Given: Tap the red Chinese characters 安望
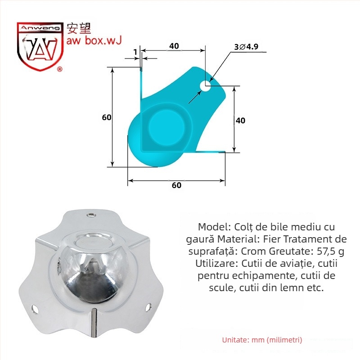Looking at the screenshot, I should pyautogui.click(x=79, y=28).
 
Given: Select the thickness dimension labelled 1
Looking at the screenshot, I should pyautogui.click(x=135, y=52).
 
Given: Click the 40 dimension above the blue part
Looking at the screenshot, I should pyautogui.click(x=174, y=46).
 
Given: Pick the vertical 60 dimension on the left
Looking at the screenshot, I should pyautogui.click(x=107, y=117).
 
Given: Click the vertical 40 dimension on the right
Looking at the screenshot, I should pyautogui.click(x=240, y=121).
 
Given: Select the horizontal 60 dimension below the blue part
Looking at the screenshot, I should pyautogui.click(x=176, y=185).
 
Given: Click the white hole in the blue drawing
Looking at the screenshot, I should pyautogui.click(x=205, y=85).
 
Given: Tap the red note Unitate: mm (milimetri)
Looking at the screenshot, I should pyautogui.click(x=262, y=340).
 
